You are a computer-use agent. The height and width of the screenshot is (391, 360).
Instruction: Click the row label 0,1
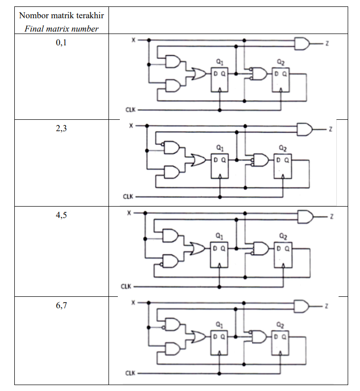click(61, 43)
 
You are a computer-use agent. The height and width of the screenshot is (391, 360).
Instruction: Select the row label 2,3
click(61, 130)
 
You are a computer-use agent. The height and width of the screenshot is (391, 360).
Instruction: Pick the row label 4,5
click(61, 217)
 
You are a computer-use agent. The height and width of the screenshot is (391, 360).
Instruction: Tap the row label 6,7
click(61, 305)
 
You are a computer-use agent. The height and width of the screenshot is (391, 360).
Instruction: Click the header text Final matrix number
click(61, 29)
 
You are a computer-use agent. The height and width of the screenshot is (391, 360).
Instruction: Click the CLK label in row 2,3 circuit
click(127, 196)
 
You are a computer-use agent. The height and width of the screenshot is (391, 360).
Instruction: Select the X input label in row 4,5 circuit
click(129, 213)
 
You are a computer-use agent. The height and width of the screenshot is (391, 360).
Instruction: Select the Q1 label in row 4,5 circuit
click(217, 235)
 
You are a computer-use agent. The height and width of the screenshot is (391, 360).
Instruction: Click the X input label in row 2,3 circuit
click(131, 125)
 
